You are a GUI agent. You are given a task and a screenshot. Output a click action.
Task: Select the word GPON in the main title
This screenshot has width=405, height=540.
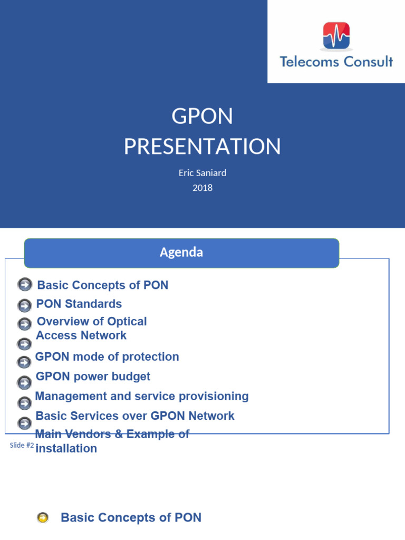pos(202,117)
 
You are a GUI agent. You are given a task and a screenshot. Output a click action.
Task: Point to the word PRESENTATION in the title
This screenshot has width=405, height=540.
pos(202,146)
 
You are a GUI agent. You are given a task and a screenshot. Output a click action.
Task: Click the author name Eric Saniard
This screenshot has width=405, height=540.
pos(202,173)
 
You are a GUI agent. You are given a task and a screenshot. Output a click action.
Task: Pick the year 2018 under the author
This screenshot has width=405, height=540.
pos(202,187)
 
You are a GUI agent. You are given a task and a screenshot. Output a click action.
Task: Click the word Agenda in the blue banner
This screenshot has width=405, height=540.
pos(181,253)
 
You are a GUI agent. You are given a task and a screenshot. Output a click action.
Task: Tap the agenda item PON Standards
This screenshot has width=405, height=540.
pos(79,304)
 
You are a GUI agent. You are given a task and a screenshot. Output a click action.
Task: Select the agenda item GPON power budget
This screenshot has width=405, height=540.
pos(93,377)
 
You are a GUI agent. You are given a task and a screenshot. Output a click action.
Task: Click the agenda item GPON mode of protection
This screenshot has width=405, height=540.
pos(107,357)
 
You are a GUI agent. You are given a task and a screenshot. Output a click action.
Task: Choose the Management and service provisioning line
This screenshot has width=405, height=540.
pos(142,396)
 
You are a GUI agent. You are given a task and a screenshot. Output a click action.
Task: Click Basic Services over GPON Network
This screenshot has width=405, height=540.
pos(135,416)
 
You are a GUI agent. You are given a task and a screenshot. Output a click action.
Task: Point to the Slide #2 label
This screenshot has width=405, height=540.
pos(22,446)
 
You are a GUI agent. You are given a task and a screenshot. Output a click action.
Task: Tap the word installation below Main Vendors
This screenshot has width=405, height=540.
pos(66,449)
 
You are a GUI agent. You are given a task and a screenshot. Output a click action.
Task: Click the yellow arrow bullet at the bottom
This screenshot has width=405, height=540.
pos(43,518)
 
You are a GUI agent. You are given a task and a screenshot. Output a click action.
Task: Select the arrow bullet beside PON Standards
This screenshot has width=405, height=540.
pos(24,305)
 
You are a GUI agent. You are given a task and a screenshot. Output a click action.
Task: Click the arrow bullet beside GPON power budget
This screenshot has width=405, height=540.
pos(24,382)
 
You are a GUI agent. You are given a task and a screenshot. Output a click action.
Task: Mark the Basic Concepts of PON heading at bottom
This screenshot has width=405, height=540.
pos(131,517)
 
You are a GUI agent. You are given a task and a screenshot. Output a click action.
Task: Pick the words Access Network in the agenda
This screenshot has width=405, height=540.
pos(81,335)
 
